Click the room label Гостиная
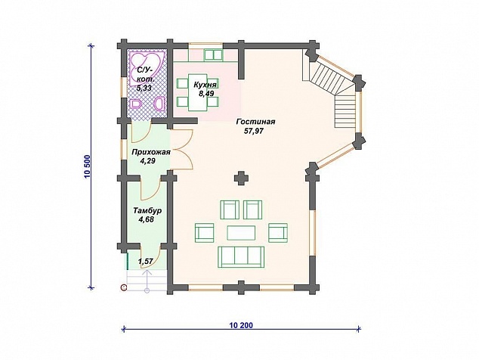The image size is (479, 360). pyautogui.click(x=255, y=122)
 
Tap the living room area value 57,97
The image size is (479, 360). pyautogui.click(x=254, y=131)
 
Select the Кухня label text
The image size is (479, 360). pyautogui.click(x=205, y=85)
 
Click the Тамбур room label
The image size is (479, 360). pyautogui.click(x=147, y=211)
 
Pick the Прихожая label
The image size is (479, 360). pyautogui.click(x=150, y=152)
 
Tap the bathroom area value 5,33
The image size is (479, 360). pyautogui.click(x=144, y=88)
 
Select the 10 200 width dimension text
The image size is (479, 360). pyautogui.click(x=241, y=325)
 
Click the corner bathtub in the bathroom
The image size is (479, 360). pyautogui.click(x=146, y=68)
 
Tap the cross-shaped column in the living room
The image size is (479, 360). pyautogui.click(x=241, y=178)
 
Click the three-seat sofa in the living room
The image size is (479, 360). pyautogui.click(x=241, y=257)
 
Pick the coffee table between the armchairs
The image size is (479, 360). pyautogui.click(x=241, y=233)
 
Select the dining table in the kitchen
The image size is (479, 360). pyautogui.click(x=198, y=92)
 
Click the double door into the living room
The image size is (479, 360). pyautogui.click(x=183, y=149)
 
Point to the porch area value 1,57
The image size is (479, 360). pyautogui.click(x=145, y=262)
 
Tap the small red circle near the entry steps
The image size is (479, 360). pyautogui.click(x=124, y=287)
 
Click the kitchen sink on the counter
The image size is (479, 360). pyautogui.click(x=213, y=54)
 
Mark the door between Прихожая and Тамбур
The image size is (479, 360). pyautogui.click(x=151, y=188)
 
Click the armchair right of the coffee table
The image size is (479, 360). pyautogui.click(x=278, y=233)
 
